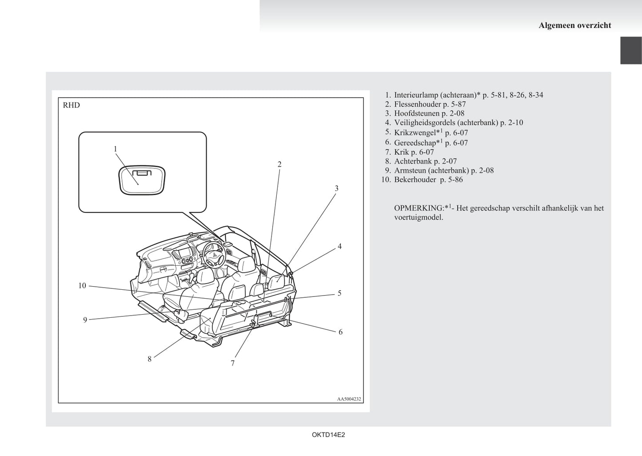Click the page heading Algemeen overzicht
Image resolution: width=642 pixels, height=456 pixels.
(x=574, y=25)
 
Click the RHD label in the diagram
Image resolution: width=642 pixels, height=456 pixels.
(x=72, y=105)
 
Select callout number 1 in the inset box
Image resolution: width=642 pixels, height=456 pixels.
(x=116, y=149)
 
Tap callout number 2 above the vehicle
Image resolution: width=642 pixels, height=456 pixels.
(x=279, y=164)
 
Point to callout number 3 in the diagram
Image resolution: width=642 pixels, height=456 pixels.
(x=336, y=188)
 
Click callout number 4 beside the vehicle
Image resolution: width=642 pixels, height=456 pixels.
(x=339, y=246)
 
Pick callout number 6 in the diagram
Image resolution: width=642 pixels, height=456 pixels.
(x=340, y=332)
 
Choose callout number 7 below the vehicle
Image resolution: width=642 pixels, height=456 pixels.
(x=233, y=363)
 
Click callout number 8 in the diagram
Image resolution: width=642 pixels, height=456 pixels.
(x=149, y=359)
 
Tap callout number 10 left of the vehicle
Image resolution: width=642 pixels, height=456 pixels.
(x=82, y=286)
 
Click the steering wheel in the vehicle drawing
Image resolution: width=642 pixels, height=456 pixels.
(x=213, y=254)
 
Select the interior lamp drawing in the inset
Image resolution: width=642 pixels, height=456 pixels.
(x=142, y=180)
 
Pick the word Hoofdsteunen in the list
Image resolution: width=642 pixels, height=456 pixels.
(x=417, y=113)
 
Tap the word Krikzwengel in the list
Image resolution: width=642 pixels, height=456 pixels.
(x=415, y=133)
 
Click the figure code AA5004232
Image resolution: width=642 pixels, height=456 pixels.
(x=349, y=399)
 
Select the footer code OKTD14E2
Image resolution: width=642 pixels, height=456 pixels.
(x=328, y=435)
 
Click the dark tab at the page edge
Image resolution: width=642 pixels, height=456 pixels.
(x=631, y=51)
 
